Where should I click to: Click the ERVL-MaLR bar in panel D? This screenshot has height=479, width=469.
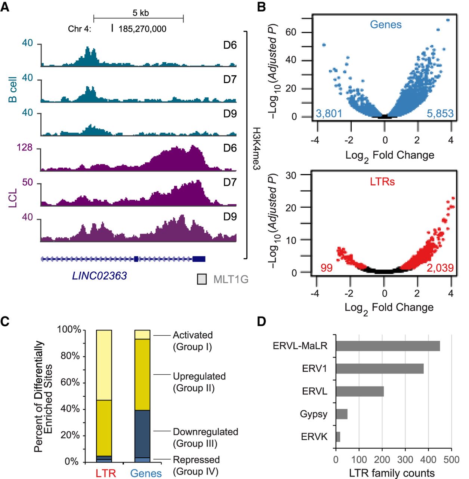coord(388,346)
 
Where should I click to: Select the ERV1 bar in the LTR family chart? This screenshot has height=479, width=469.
coord(379,369)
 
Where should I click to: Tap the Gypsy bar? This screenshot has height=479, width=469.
coord(342,414)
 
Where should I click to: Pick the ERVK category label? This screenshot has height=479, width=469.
coord(314,437)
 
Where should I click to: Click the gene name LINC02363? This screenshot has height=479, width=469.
coord(99,276)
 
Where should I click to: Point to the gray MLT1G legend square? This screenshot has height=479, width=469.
coord(202,279)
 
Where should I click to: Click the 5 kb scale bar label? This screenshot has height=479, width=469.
coord(141,13)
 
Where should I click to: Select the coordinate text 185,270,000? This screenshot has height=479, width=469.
coord(142,29)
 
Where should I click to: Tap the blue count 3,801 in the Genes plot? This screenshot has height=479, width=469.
coord(329,113)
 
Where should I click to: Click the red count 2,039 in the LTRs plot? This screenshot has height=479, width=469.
coord(440,268)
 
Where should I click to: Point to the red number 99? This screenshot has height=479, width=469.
coord(326,268)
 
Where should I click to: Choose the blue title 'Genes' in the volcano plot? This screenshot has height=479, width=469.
coord(386,25)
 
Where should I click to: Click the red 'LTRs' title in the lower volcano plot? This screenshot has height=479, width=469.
coord(382,182)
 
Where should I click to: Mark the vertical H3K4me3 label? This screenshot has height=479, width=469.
coord(256,149)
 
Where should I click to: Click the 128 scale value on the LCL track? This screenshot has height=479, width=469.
coord(25,147)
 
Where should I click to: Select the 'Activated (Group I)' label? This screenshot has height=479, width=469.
coord(192,341)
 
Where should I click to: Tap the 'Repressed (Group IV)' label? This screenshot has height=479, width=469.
coord(196,465)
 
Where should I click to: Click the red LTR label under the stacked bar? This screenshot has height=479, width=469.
coord(106,473)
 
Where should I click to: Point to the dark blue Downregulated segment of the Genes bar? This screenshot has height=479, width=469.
coord(142,434)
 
